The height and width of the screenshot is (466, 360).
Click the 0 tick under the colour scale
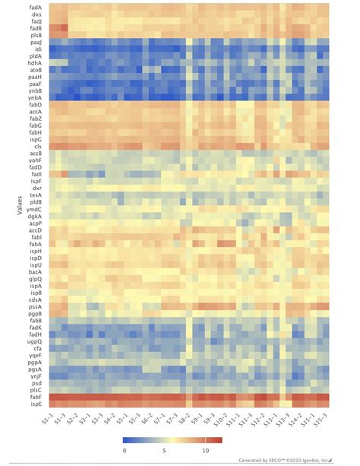(124, 450)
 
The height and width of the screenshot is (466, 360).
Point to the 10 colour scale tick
(204, 450)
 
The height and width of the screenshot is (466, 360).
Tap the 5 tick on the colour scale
(164, 450)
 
